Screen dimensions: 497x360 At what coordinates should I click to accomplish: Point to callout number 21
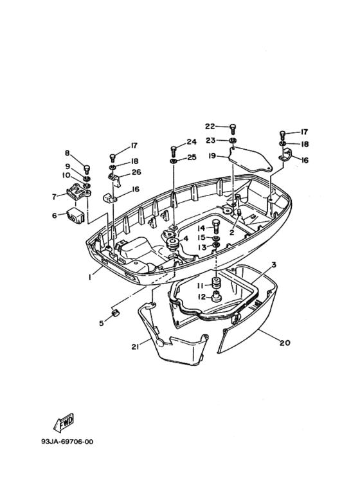pos(136,347)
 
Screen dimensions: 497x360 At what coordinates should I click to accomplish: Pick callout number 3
pos(273,264)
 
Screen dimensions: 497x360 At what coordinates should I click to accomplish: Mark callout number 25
pos(192,158)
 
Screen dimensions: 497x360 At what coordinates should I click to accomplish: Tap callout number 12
pos(201,297)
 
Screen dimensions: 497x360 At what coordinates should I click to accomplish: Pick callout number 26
pos(136,172)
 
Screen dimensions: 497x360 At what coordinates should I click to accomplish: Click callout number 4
pos(186,239)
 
